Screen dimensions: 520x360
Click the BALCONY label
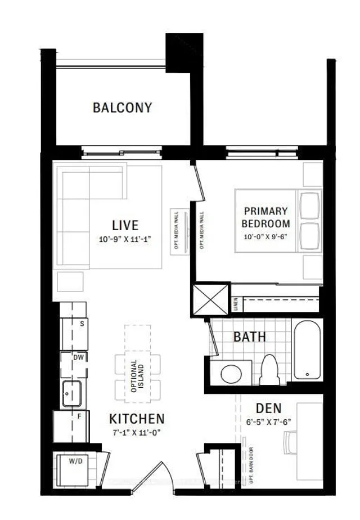[122, 107]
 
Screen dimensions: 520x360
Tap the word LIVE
[125, 225]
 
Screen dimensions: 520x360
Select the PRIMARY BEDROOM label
[266, 217]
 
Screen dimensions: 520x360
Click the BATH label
[250, 337]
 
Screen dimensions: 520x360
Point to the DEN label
[268, 408]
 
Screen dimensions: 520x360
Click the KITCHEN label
[137, 419]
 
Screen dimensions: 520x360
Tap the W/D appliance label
[75, 461]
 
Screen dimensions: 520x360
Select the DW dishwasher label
[79, 357]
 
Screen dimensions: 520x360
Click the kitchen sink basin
[72, 392]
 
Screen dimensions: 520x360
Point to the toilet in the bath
[271, 369]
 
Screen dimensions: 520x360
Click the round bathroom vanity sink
[230, 373]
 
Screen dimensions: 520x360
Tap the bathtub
[307, 350]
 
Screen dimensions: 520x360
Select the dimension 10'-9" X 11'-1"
[124, 239]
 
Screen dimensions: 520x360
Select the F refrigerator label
[80, 417]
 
